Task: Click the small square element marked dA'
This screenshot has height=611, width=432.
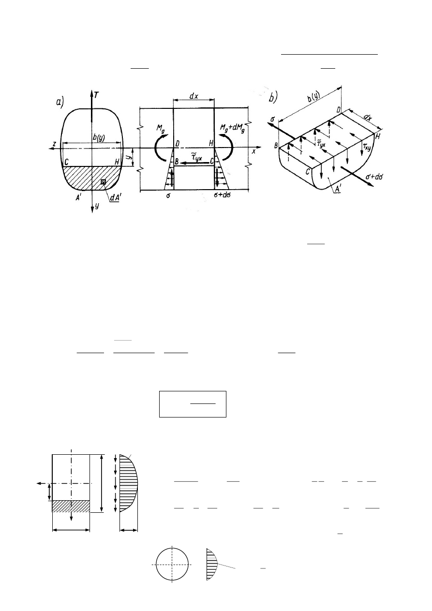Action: point(103,182)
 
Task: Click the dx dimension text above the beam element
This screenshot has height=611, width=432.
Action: point(194,96)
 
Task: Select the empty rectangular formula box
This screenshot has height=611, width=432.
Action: point(193,403)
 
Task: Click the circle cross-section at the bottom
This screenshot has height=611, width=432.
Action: point(172,565)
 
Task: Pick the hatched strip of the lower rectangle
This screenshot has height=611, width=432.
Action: point(71,506)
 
